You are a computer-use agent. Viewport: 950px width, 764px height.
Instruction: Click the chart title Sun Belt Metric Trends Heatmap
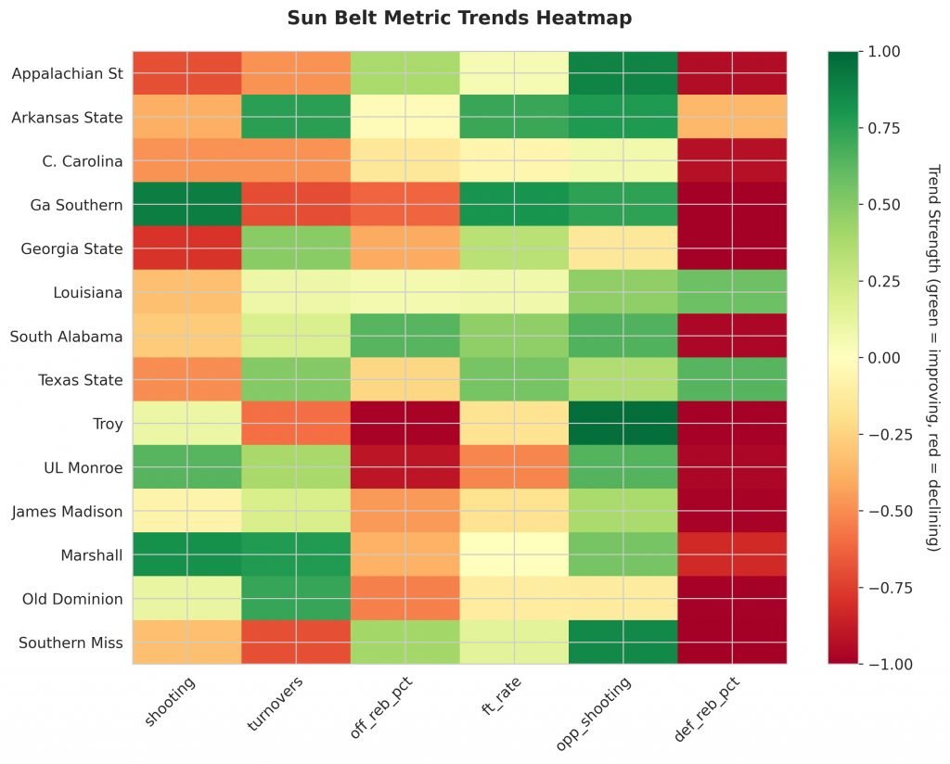tap(459, 18)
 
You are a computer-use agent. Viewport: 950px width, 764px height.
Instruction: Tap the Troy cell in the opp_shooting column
tap(623, 423)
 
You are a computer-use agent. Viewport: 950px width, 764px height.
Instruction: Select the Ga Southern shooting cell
tap(187, 204)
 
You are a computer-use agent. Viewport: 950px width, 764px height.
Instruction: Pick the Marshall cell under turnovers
tap(296, 554)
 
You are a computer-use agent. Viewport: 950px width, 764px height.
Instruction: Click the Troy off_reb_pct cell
tap(405, 423)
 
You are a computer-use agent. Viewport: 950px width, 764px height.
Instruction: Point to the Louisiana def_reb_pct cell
tap(732, 292)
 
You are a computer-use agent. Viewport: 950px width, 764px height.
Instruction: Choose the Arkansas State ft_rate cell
tap(514, 117)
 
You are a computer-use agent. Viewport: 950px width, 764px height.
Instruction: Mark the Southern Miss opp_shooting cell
tap(623, 642)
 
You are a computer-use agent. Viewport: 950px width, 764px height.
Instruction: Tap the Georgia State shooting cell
tap(187, 248)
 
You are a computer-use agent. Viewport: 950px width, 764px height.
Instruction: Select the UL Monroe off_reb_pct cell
tap(405, 467)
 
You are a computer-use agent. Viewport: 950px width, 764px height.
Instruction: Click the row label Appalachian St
tap(68, 74)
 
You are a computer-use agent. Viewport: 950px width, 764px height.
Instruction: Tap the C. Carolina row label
tap(83, 161)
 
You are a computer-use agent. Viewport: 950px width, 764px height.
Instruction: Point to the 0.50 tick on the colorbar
tap(883, 204)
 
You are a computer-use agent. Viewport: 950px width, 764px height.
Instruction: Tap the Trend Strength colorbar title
tap(932, 357)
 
